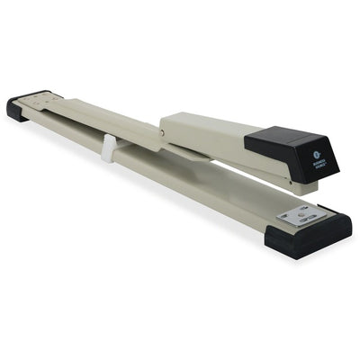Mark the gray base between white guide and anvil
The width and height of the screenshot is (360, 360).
click(198, 184)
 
